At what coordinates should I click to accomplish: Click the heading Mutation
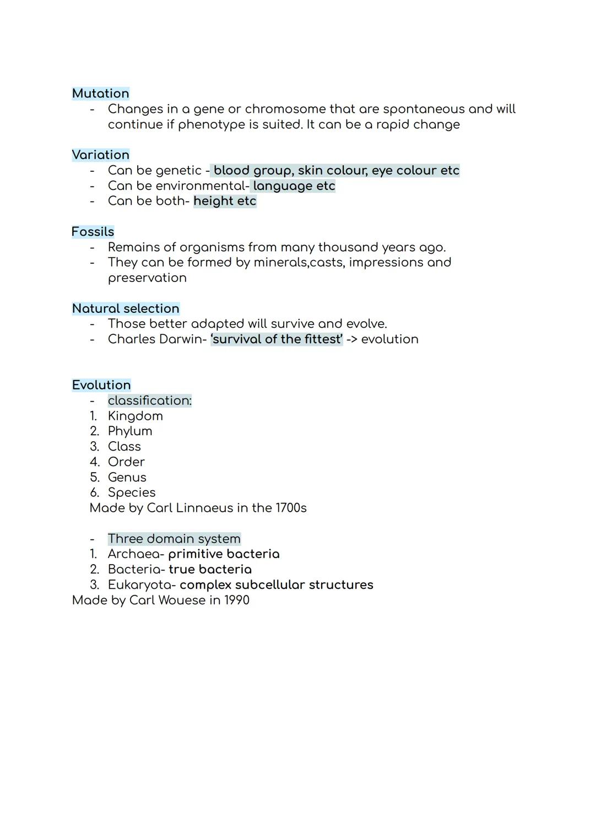(100, 94)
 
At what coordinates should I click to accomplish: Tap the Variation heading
(100, 155)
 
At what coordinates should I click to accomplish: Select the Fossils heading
(93, 232)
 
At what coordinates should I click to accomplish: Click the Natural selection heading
(126, 308)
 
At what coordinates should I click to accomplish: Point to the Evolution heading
(101, 385)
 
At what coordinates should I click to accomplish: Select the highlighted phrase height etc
(225, 201)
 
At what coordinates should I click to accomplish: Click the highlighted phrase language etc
(294, 186)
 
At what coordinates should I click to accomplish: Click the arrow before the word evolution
(351, 339)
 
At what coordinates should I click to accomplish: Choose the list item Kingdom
(136, 416)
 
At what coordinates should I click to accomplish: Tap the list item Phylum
(130, 431)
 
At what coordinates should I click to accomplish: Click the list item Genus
(127, 478)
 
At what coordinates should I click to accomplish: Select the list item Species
(132, 492)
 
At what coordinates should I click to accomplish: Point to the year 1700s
(290, 508)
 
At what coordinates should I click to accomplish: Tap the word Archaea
(134, 554)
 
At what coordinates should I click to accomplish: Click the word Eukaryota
(139, 585)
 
